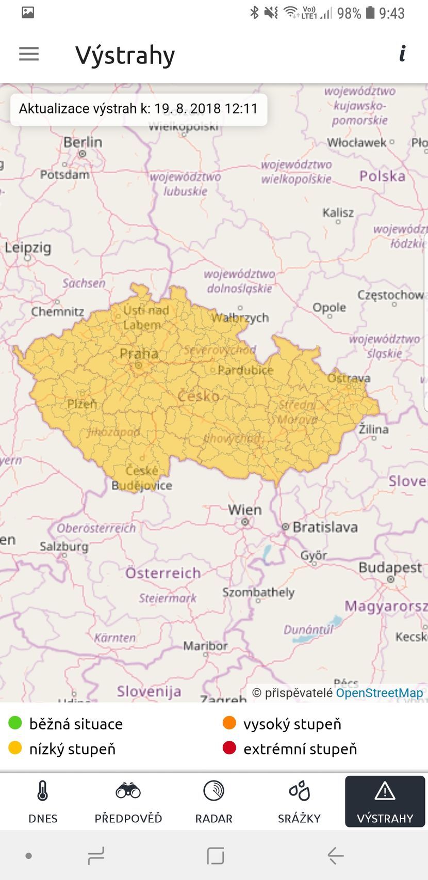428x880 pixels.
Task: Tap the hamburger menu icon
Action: coord(29,54)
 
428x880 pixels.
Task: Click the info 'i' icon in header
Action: coord(402,54)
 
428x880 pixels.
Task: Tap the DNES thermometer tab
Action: coord(43,802)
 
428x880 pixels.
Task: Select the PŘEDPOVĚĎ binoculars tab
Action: coord(128,802)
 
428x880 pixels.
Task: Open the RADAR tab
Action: coord(213,802)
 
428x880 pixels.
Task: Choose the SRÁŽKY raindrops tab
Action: coord(299,802)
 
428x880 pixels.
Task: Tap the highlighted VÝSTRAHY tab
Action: coord(385,802)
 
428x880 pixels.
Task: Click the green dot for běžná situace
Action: coord(15,723)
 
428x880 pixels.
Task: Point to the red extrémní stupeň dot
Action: coord(229,748)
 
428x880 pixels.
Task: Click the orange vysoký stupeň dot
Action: coord(229,723)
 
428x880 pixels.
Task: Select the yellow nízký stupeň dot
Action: coord(15,748)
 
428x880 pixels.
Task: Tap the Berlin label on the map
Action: coord(83,142)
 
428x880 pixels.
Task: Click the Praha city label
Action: coord(139,354)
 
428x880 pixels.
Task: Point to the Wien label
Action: coord(244,510)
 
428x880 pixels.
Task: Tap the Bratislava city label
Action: coord(324,527)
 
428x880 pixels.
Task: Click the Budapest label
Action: coord(390,568)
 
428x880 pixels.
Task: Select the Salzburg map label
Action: coord(64,546)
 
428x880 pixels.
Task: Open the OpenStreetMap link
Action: coord(379,693)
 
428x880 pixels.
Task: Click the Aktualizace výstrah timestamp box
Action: coord(138,109)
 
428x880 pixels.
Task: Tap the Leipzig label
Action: coord(28,247)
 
